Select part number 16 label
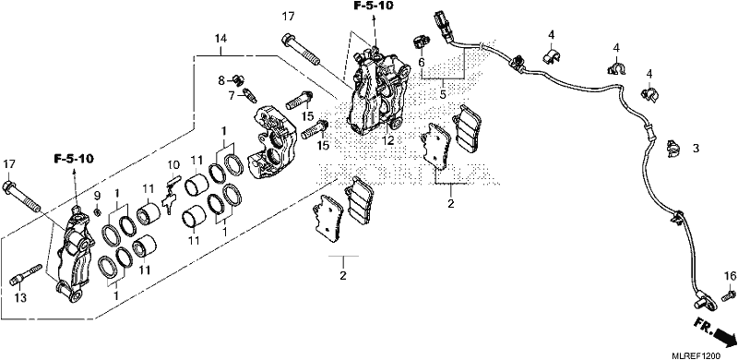tap(729, 277)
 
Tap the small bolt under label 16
tap(728, 295)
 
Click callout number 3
tap(696, 149)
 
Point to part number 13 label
tap(20, 297)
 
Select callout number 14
tap(220, 38)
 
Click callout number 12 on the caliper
tap(387, 140)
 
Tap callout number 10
tap(173, 165)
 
